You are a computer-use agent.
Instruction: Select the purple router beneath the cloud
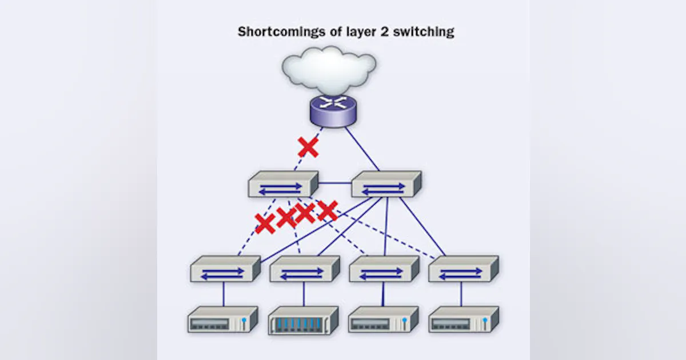[x=332, y=110]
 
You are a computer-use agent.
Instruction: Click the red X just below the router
[x=308, y=147]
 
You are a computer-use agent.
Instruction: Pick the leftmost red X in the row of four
[x=265, y=223]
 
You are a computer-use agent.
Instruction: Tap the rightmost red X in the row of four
[x=327, y=210]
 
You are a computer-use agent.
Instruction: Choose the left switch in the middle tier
[x=283, y=185]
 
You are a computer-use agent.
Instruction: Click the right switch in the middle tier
[x=386, y=185]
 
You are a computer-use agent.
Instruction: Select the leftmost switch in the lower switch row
[x=225, y=269]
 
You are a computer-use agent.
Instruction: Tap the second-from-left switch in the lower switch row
[x=304, y=269]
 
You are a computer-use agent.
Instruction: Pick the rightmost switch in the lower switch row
[x=463, y=269]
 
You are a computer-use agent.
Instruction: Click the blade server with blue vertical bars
[x=304, y=321]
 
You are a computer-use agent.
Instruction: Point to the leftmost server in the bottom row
[x=223, y=321]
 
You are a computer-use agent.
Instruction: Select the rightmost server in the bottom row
[x=464, y=321]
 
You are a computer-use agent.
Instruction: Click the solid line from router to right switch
[x=362, y=148]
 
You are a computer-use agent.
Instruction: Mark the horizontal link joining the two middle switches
[x=334, y=183]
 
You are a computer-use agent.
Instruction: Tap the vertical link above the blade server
[x=304, y=294]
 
